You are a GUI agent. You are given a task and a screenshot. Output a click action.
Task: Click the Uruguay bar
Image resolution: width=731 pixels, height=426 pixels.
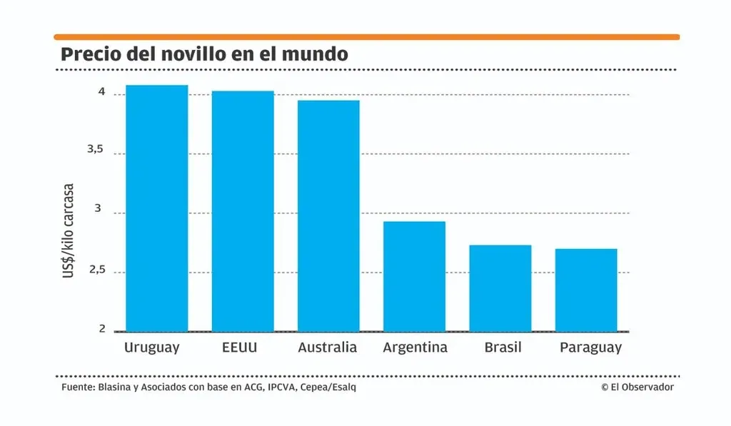point(157,208)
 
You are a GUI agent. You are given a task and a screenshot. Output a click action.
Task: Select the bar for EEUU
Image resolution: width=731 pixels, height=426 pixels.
point(243,211)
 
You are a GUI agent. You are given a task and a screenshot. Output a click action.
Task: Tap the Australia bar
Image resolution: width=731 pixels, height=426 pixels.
point(328,215)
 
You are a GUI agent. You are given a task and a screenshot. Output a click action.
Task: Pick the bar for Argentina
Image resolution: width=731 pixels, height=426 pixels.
point(415,276)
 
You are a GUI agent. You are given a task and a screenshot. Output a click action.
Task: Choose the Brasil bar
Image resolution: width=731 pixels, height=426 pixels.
point(500,288)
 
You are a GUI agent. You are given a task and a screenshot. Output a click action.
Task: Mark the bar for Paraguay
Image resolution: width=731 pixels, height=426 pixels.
point(586,290)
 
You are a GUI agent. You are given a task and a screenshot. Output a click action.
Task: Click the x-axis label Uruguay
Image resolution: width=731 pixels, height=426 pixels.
point(151,348)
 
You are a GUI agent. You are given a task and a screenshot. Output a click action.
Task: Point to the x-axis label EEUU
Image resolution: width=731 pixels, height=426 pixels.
point(240,348)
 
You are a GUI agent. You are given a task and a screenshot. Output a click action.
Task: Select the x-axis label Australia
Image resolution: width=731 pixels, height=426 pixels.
point(327,348)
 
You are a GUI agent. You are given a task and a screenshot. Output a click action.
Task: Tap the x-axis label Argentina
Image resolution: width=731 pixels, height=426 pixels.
point(415,348)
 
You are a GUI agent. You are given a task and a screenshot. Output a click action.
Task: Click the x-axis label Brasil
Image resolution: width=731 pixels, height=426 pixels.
point(503,348)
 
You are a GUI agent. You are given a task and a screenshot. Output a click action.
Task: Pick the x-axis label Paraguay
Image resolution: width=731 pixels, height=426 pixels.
point(590,348)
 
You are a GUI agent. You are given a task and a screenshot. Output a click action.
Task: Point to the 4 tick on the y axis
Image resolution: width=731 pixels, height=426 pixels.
point(101,92)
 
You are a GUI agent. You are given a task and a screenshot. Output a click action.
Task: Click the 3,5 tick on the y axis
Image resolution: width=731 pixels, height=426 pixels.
point(95,149)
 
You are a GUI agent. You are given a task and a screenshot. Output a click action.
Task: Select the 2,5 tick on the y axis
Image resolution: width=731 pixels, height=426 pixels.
point(97,270)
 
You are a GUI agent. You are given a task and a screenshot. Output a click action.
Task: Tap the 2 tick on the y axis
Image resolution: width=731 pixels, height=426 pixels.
point(102,328)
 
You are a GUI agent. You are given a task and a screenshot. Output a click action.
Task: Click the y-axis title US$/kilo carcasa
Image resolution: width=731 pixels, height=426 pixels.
point(68,230)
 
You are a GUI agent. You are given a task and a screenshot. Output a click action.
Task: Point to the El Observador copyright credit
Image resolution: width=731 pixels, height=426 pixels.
point(637,387)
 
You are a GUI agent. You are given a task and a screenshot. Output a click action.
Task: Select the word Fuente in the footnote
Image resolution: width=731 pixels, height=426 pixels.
point(78,387)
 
